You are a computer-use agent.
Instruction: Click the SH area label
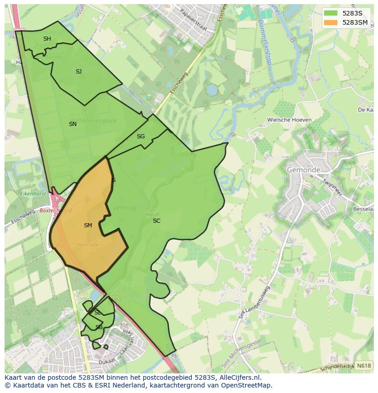[47, 39]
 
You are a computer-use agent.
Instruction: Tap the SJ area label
[79, 71]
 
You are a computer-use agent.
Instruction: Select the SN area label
[73, 124]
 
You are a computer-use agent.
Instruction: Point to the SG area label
[141, 136]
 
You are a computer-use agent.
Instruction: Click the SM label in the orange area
[88, 225]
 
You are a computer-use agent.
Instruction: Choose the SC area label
[157, 220]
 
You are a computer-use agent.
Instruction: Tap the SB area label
[99, 327]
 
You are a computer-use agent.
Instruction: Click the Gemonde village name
[304, 170]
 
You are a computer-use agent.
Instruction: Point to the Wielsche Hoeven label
[289, 120]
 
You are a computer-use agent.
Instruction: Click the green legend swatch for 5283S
[331, 13]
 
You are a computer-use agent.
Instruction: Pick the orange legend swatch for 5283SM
[331, 22]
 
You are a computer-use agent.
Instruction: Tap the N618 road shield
[363, 366]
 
